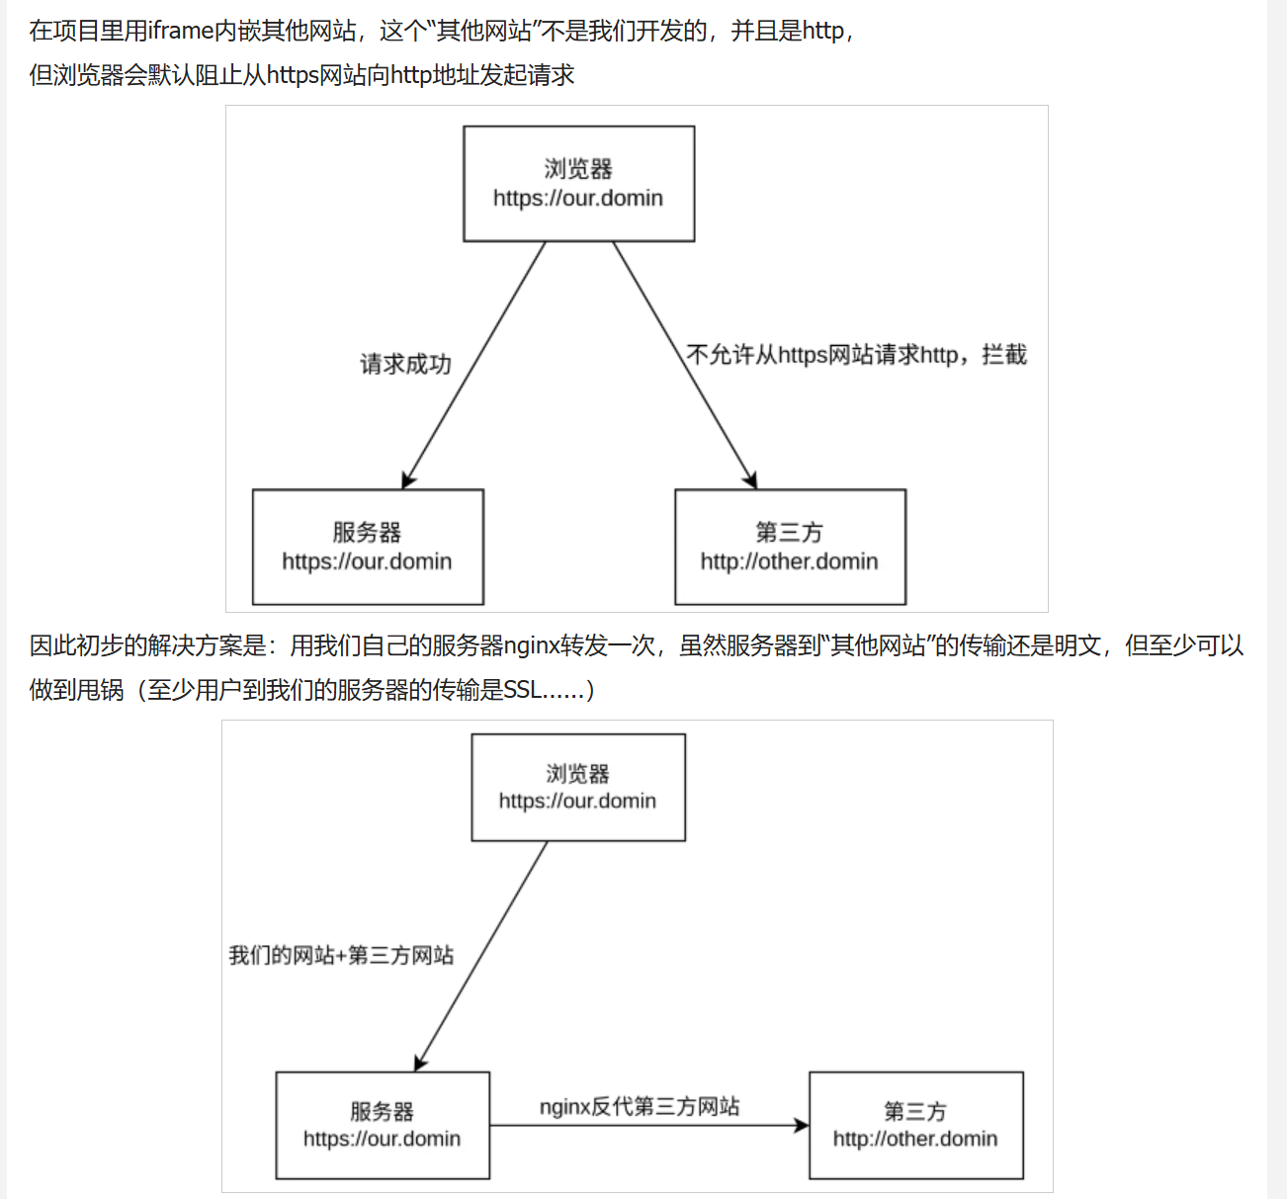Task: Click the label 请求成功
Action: pyautogui.click(x=405, y=364)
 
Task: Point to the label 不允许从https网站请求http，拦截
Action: pyautogui.click(x=857, y=355)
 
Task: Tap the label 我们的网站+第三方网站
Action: pyautogui.click(x=341, y=955)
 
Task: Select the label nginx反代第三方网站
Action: pyautogui.click(x=640, y=1106)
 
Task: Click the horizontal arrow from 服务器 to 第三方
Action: pyautogui.click(x=649, y=1126)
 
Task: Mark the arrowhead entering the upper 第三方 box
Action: pyautogui.click(x=751, y=480)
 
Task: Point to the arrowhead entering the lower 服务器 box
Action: pyautogui.click(x=420, y=1063)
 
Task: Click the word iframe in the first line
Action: pyautogui.click(x=181, y=31)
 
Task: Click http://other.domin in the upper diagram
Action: pyautogui.click(x=790, y=561)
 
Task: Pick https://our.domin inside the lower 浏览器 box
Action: pyautogui.click(x=577, y=801)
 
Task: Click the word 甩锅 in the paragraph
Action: pyautogui.click(x=100, y=690)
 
